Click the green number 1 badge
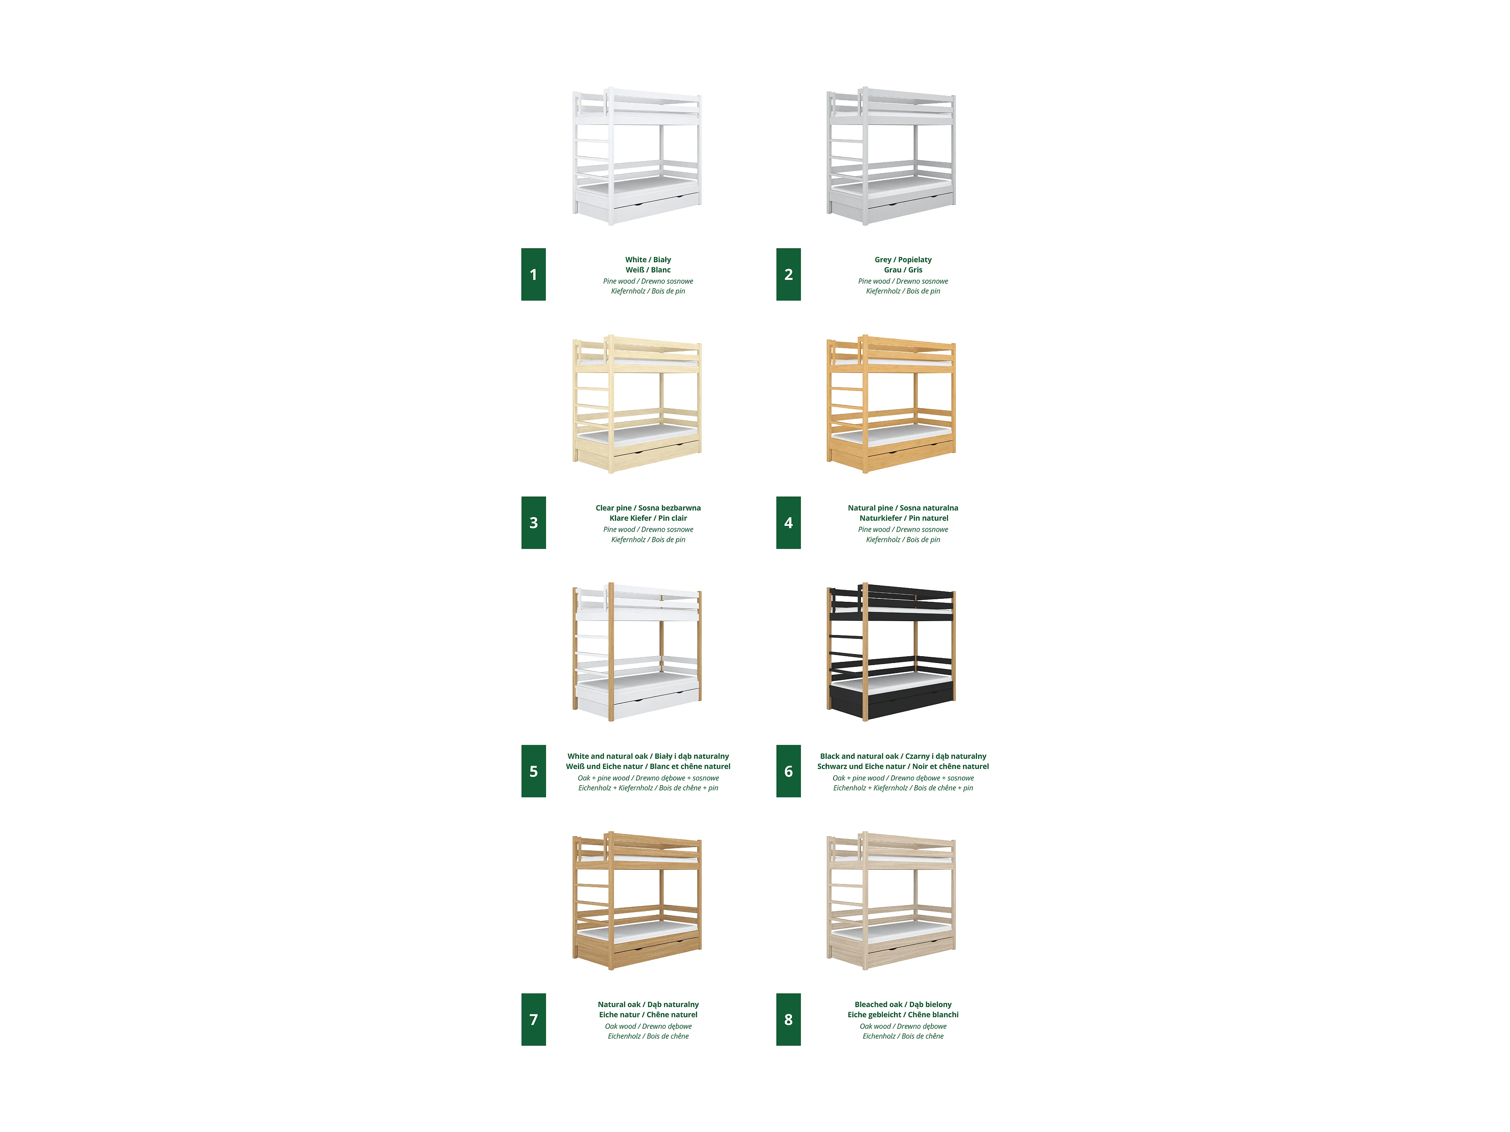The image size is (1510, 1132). (533, 274)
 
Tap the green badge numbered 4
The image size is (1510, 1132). (789, 523)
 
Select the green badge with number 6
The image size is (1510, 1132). (789, 771)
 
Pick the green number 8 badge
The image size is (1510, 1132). (789, 1020)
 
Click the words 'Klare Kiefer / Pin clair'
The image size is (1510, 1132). (648, 518)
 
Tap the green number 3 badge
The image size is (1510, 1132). (533, 523)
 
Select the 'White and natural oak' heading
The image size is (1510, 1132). (607, 757)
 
